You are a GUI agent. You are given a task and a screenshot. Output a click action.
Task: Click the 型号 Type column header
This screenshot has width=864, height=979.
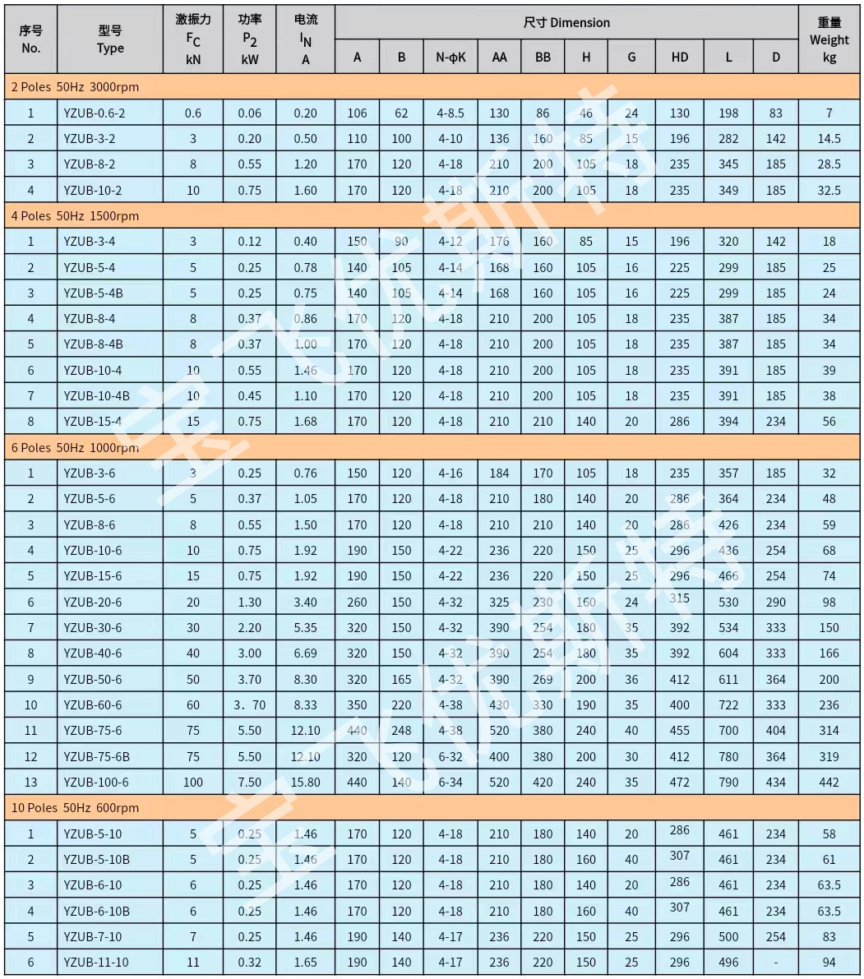(110, 39)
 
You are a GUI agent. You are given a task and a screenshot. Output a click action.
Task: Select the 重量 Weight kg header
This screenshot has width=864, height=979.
(829, 39)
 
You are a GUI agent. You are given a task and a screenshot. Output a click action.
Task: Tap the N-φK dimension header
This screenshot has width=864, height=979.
(450, 57)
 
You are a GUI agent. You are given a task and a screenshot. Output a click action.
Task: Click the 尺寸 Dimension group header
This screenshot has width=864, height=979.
(566, 22)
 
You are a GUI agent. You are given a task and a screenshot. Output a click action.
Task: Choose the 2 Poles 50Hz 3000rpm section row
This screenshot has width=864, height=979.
(75, 86)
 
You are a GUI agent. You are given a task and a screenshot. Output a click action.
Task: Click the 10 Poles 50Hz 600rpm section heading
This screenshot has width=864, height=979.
(75, 807)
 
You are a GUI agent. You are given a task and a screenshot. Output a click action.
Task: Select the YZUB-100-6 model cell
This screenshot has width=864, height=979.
(96, 782)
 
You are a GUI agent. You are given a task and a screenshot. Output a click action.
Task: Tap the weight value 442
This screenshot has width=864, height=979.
(829, 782)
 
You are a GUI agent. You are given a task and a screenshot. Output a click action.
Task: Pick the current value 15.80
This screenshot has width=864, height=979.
(306, 782)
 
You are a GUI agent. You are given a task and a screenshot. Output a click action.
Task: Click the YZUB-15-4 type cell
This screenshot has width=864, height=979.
(93, 421)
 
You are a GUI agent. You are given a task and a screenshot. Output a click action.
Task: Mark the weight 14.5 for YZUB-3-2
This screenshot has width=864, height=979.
(829, 138)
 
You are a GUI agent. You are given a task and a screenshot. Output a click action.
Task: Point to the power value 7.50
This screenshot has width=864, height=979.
(250, 782)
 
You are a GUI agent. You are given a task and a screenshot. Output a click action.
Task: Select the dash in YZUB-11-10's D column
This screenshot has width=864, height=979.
(775, 962)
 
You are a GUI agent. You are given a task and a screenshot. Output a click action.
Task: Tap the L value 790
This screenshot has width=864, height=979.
(728, 782)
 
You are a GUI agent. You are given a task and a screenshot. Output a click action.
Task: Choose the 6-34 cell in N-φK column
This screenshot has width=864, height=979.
(450, 782)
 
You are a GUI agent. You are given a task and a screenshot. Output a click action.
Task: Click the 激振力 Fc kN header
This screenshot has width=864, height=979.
(193, 39)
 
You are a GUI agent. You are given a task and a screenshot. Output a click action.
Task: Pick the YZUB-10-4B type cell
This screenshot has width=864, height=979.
(96, 395)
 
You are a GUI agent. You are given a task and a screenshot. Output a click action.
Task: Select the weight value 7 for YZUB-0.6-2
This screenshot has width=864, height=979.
(829, 113)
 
